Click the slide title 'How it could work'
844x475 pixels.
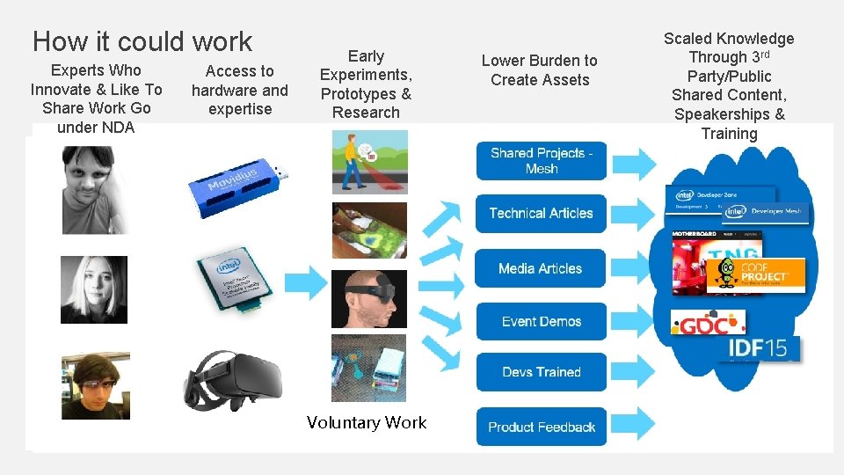[x=142, y=41]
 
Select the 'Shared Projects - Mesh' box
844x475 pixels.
[x=542, y=160]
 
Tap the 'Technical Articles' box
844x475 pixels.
[x=542, y=213]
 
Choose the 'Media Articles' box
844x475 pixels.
[x=542, y=268]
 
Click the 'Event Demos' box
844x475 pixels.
[x=542, y=322]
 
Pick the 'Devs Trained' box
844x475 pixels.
[x=542, y=372]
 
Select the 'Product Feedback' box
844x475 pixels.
[x=542, y=427]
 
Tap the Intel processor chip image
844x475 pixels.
[x=231, y=281]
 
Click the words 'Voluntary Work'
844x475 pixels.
[x=367, y=423]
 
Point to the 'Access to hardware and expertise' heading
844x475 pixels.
[x=240, y=90]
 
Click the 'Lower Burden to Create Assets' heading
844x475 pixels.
[x=539, y=70]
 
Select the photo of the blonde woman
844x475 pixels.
[x=94, y=289]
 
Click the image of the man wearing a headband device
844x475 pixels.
[x=369, y=299]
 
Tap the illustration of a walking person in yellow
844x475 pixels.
[x=369, y=162]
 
